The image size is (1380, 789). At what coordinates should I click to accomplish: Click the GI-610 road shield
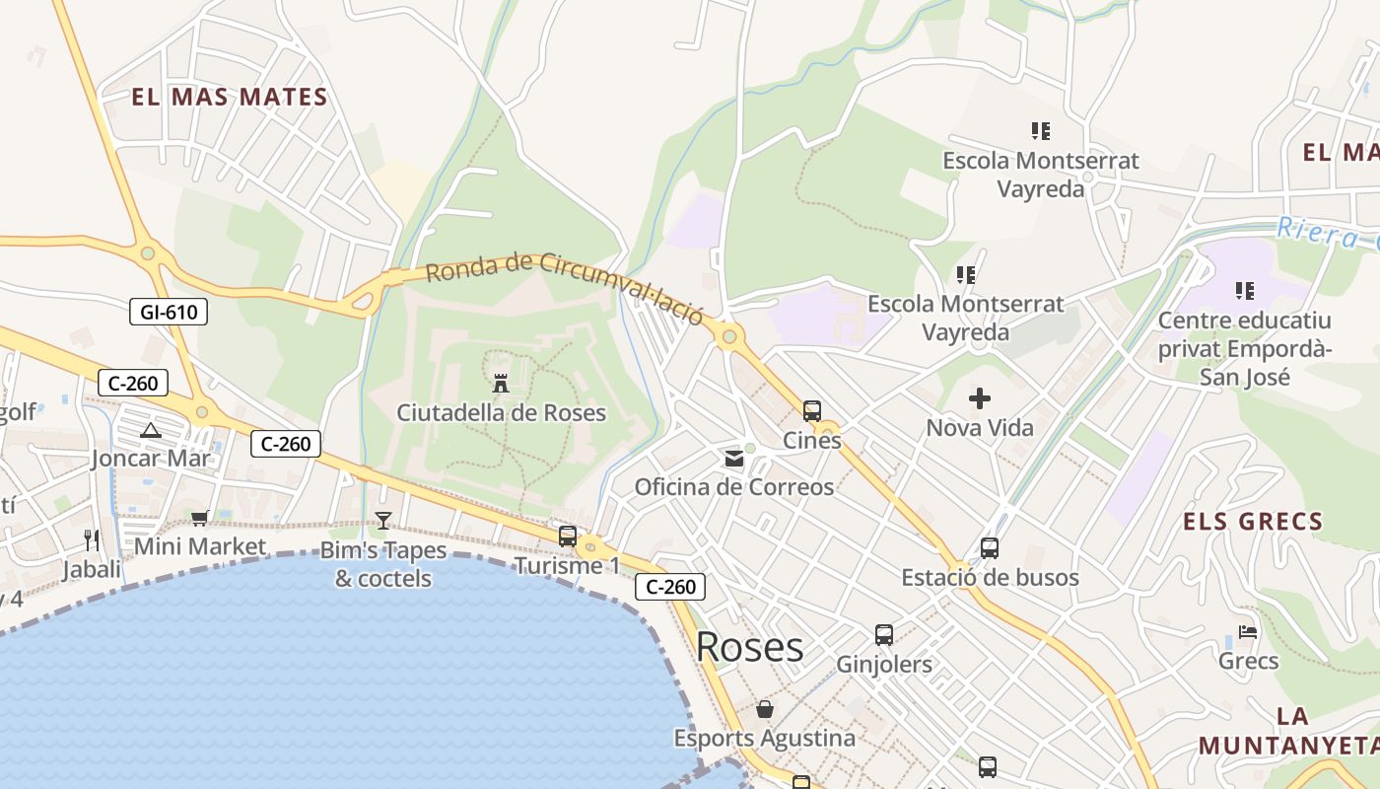point(169,313)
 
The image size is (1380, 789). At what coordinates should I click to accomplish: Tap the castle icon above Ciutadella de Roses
point(501,383)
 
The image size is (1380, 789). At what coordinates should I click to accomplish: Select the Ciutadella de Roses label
point(501,412)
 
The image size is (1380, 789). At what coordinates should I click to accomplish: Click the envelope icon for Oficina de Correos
point(734,458)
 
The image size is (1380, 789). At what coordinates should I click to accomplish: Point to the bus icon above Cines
point(812,410)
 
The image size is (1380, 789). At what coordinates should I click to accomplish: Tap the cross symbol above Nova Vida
point(980,398)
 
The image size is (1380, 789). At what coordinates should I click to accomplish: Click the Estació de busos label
point(990,577)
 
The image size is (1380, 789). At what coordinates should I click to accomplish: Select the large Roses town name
point(749,647)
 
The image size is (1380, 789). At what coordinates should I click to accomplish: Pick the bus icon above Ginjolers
point(884,635)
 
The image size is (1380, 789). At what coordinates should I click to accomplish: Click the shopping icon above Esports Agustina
point(764,709)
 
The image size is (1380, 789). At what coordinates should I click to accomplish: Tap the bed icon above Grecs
point(1248,631)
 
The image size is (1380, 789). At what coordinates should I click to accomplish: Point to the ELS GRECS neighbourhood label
point(1252,522)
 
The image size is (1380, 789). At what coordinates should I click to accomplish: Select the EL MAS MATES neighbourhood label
point(229,97)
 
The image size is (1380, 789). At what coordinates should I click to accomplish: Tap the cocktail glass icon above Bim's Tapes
point(383,520)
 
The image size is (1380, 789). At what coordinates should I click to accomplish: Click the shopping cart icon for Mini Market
point(200,518)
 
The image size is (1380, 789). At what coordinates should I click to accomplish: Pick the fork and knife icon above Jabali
point(92,539)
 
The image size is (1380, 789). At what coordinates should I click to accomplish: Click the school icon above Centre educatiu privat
point(1245,291)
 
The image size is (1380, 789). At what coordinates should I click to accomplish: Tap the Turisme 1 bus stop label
point(567,566)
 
